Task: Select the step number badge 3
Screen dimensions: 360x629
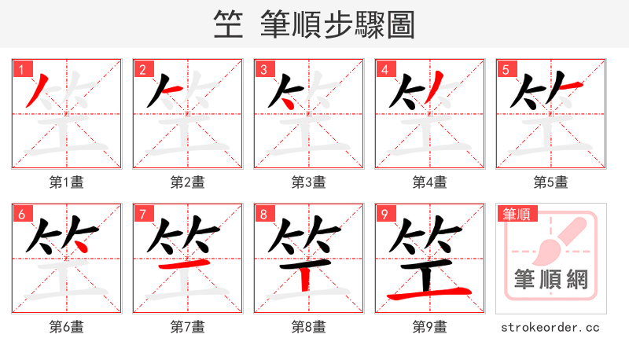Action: click(263, 69)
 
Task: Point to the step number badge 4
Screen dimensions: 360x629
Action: click(384, 69)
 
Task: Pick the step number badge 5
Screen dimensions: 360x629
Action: click(506, 69)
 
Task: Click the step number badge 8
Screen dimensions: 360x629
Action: click(263, 214)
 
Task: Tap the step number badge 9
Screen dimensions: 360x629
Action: click(384, 214)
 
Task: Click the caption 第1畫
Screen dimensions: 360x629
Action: click(67, 182)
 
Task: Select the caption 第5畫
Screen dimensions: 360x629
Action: click(551, 182)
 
